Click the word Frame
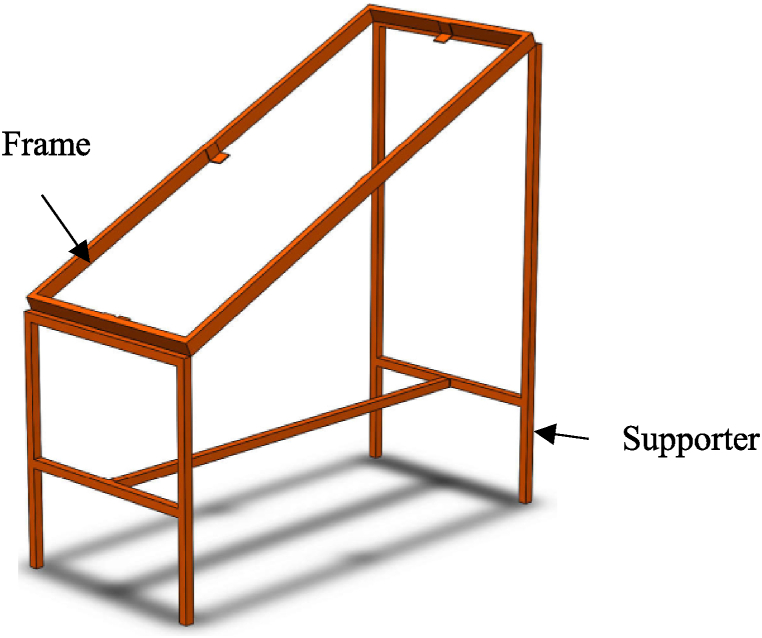click(x=48, y=146)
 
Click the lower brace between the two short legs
click(x=105, y=485)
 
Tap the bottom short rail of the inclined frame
click(x=110, y=322)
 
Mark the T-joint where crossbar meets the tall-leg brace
click(x=447, y=381)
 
